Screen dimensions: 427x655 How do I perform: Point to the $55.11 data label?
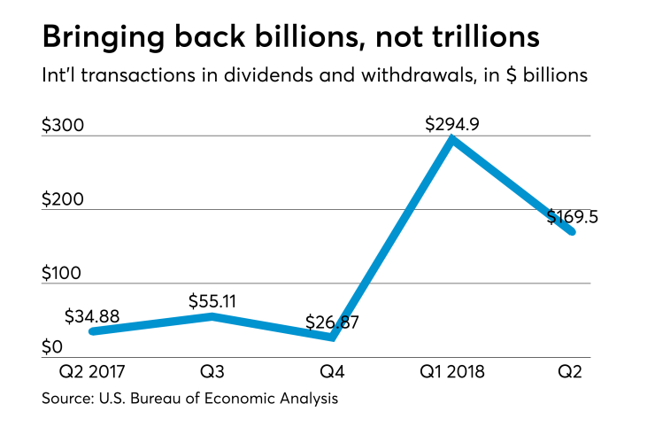coord(212,300)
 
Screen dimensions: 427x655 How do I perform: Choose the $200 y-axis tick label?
coord(63,199)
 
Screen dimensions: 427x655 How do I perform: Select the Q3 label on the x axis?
coord(212,371)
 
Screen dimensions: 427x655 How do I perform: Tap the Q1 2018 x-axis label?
coord(451,371)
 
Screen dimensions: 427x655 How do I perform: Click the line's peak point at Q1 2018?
coord(452,139)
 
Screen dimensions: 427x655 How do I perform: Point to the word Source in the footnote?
coord(65,400)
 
